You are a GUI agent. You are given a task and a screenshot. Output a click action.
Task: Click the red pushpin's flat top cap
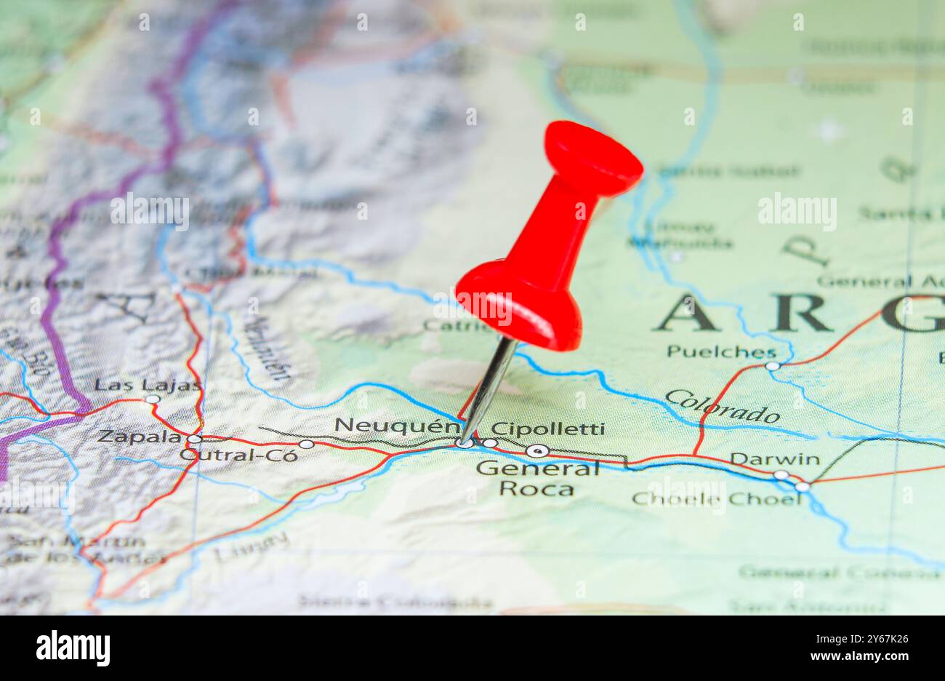(x=592, y=159)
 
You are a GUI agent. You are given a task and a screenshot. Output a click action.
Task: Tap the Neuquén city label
(x=397, y=425)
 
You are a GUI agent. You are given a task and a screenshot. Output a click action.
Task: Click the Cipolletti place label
(x=547, y=429)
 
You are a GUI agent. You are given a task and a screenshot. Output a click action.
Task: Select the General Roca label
(x=537, y=478)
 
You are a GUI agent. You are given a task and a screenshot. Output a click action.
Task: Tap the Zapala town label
(x=140, y=437)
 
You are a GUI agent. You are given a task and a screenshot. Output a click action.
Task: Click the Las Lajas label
(x=148, y=385)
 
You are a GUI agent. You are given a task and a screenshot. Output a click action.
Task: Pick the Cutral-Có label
(x=239, y=455)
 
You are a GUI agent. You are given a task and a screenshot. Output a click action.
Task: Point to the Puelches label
(x=720, y=352)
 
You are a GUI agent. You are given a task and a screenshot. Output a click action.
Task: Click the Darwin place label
(x=774, y=459)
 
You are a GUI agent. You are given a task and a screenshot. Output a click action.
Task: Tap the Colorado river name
(x=721, y=407)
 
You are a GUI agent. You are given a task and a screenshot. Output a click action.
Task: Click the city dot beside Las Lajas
(x=152, y=399)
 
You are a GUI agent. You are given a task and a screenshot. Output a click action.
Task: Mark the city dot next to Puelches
(x=772, y=366)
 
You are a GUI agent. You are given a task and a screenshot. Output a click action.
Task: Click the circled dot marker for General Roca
(x=537, y=450)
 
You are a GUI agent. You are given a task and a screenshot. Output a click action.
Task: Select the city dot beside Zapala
(x=194, y=439)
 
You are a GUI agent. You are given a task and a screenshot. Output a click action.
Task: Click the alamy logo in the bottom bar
(x=73, y=648)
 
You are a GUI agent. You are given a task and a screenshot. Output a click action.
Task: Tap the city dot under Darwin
(x=781, y=475)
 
